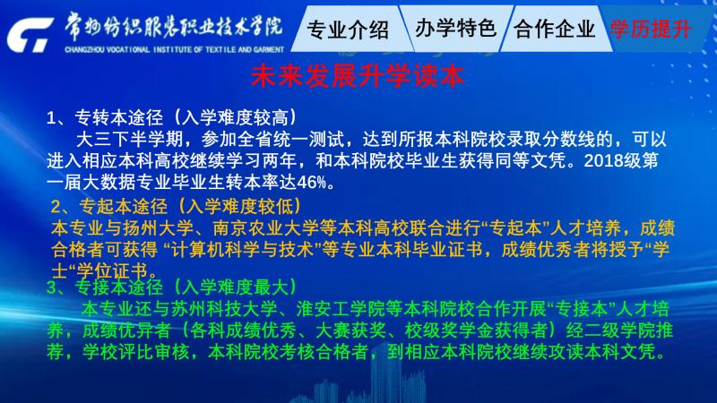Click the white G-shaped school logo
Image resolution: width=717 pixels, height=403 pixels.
[x=30, y=35]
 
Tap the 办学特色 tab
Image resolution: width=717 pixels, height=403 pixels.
[x=455, y=29]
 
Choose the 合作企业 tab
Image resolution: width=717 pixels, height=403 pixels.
[x=554, y=29]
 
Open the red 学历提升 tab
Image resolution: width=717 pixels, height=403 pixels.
[x=651, y=29]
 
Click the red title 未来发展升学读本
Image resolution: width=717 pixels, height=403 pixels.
[x=358, y=75]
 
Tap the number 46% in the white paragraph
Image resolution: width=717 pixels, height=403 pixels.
[x=311, y=183]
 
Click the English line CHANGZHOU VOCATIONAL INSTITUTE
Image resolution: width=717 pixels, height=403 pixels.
[x=174, y=49]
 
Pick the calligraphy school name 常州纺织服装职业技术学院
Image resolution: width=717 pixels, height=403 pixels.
[x=173, y=27]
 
